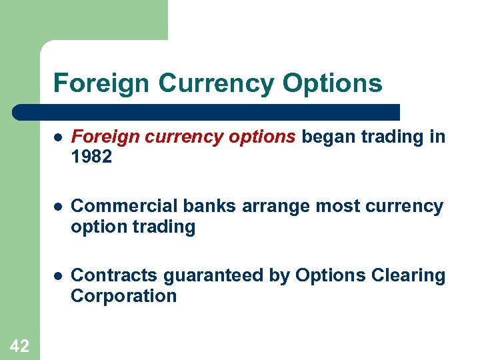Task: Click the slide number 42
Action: tap(19, 345)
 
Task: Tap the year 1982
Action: tap(92, 157)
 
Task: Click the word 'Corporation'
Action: tap(123, 296)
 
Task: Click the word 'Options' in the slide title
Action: tap(332, 84)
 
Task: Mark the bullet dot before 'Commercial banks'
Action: tap(58, 207)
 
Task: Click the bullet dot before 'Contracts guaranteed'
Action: tap(58, 276)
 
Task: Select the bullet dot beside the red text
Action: tap(58, 137)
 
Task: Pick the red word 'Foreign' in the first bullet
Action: tap(98, 137)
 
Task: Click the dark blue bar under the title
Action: tap(207, 111)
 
